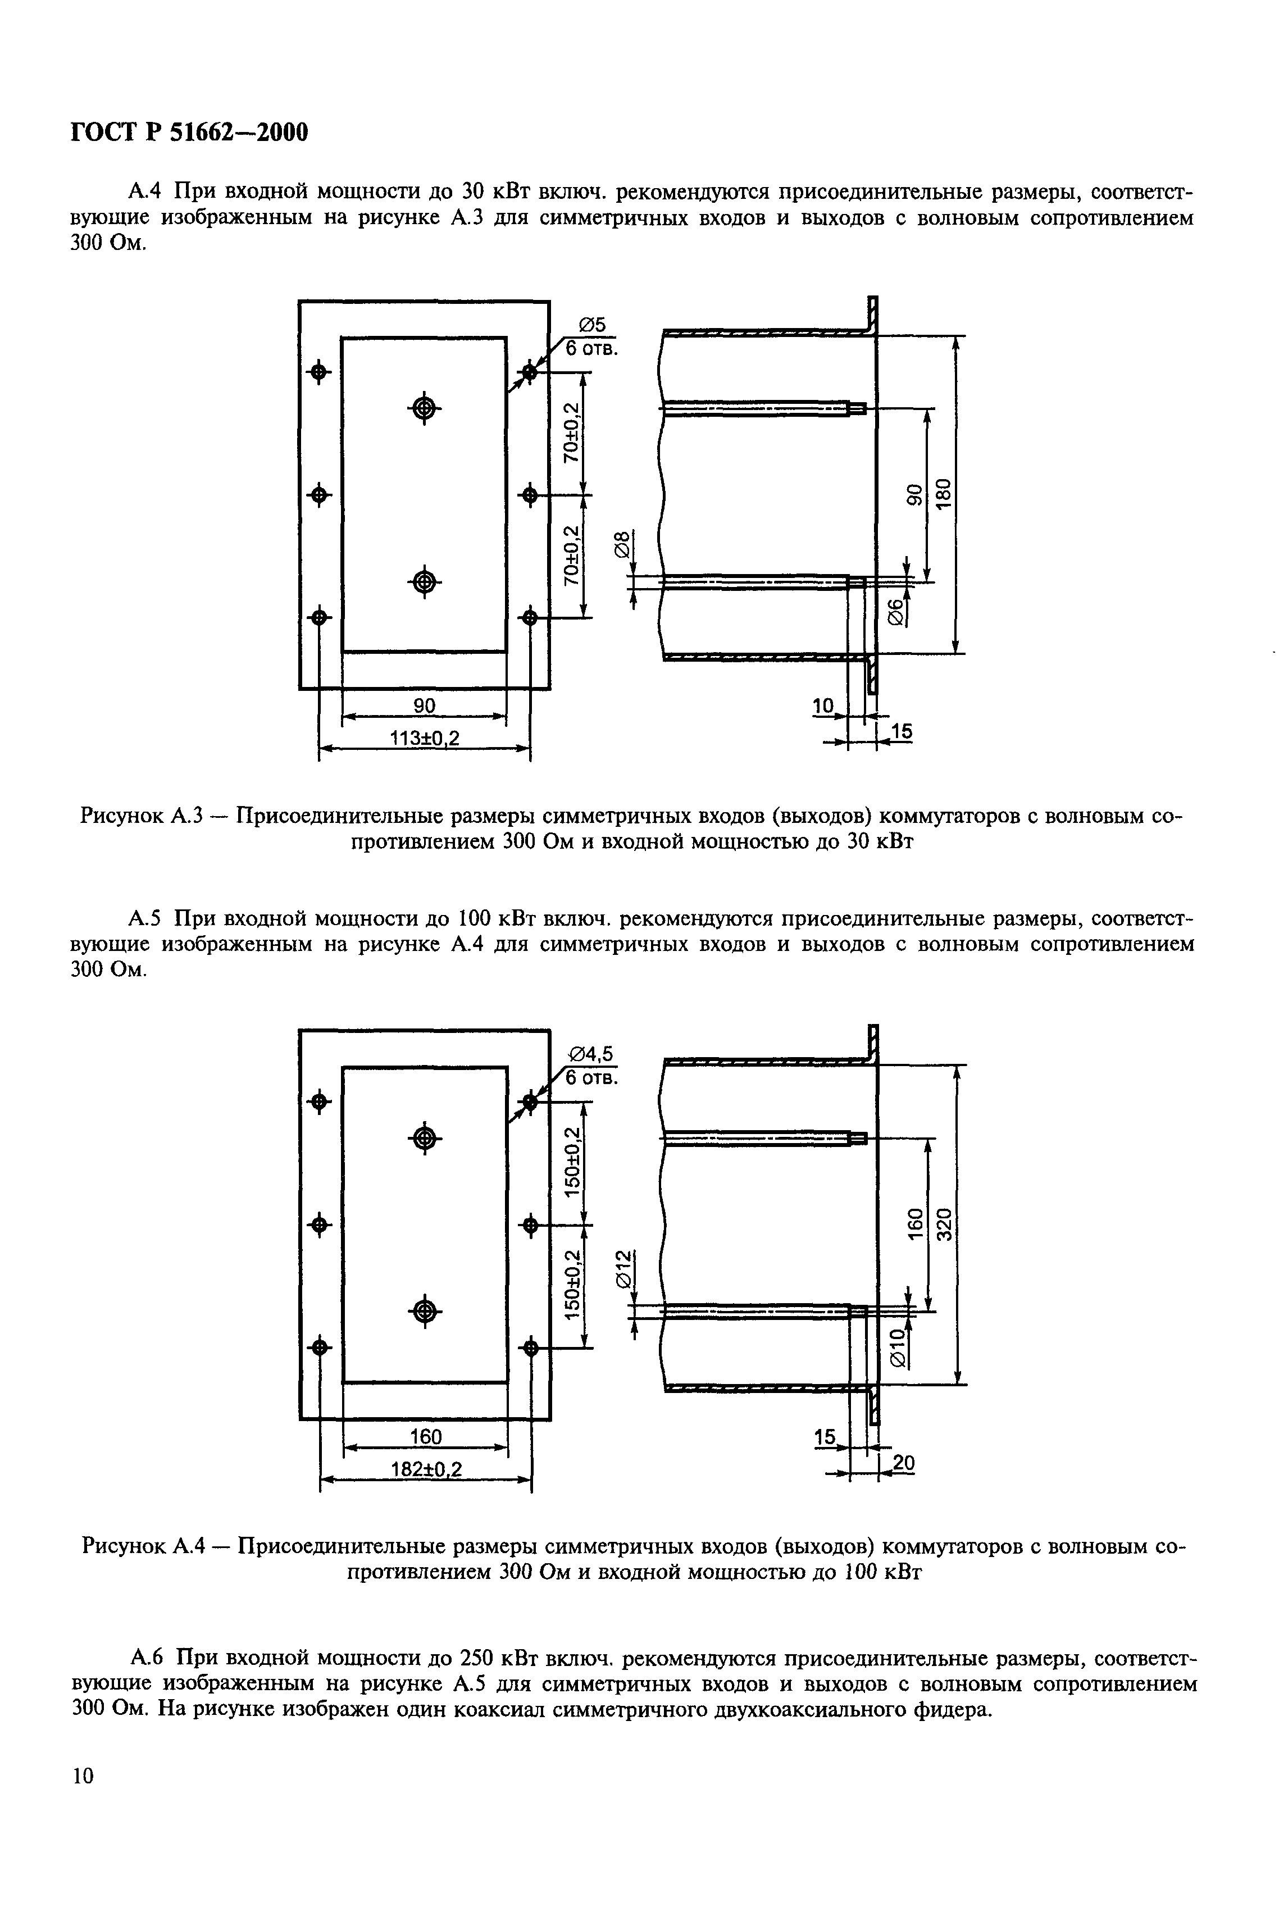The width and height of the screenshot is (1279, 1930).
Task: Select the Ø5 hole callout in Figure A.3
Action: pyautogui.click(x=593, y=325)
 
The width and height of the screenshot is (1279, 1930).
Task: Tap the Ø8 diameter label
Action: pyautogui.click(x=622, y=544)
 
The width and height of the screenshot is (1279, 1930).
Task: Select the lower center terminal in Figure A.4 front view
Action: pyautogui.click(x=424, y=1311)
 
